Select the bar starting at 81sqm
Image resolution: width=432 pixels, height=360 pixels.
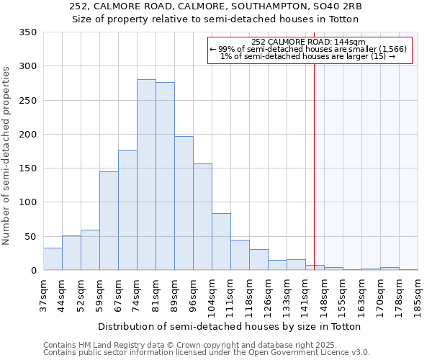(x=165, y=176)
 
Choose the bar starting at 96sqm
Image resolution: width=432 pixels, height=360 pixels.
(x=202, y=217)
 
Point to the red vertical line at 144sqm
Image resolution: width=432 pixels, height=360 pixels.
(x=314, y=158)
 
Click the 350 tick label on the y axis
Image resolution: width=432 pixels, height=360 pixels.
(x=27, y=32)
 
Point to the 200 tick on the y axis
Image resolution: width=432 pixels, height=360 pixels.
(x=27, y=135)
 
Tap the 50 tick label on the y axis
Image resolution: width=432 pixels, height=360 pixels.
(x=30, y=237)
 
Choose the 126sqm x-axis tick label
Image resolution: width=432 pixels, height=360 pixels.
(x=269, y=296)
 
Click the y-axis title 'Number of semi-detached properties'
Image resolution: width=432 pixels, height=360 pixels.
(x=6, y=156)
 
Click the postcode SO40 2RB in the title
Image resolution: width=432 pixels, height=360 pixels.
(x=337, y=6)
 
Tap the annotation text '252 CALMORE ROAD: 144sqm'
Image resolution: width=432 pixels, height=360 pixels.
(x=309, y=42)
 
